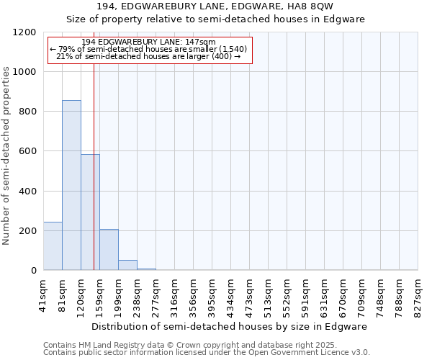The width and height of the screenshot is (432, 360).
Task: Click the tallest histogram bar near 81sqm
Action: click(x=71, y=185)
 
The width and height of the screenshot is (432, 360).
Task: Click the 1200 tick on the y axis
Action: click(x=26, y=32)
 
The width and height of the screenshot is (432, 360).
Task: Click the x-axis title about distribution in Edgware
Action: click(x=230, y=326)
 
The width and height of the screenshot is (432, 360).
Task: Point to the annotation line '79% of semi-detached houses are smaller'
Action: click(x=148, y=49)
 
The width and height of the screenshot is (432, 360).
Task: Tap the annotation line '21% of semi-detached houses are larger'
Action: click(x=148, y=56)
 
